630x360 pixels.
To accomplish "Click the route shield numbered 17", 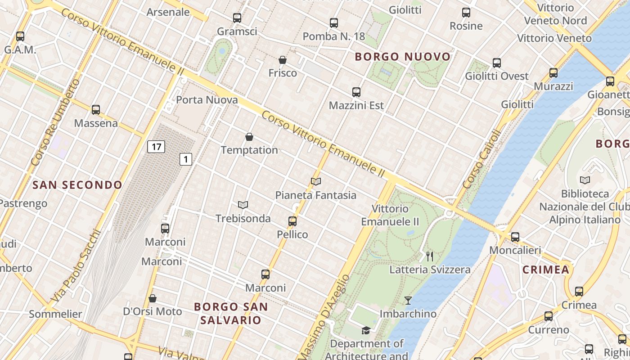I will (156, 147).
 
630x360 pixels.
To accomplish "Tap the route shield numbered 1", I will (186, 159).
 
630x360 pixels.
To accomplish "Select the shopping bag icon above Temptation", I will (249, 137).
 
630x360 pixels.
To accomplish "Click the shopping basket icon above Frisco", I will (283, 60).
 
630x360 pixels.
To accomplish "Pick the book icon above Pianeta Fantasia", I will (316, 182).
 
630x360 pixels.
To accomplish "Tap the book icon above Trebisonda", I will (243, 205).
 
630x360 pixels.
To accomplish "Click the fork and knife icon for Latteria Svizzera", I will (430, 256).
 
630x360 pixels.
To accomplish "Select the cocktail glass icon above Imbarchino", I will (408, 300).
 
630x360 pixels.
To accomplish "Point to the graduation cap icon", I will (366, 331).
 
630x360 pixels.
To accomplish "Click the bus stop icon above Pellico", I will (292, 221).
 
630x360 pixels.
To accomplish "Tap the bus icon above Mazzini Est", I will (356, 92).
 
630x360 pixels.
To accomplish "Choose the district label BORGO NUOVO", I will (403, 57).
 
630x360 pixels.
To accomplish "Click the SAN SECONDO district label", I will (77, 185).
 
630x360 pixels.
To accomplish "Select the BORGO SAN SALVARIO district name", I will (231, 314).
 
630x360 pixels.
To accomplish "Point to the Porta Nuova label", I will (207, 100).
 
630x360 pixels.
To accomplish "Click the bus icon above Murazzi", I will (553, 73).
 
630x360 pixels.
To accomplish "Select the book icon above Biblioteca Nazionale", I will (585, 180).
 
